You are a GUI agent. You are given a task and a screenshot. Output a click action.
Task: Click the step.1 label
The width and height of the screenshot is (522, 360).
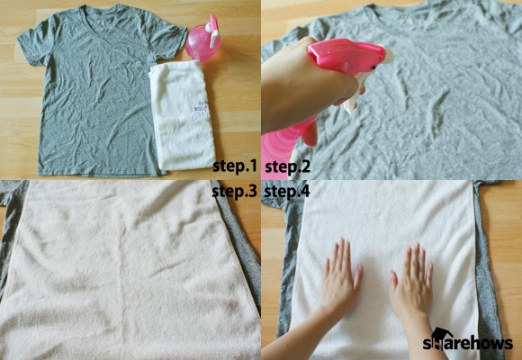tap(235, 166)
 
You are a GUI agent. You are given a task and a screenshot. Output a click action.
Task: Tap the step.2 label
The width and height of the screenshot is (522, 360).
tap(288, 166)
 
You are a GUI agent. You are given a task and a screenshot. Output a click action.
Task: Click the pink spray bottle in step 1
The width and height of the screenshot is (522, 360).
tap(203, 40)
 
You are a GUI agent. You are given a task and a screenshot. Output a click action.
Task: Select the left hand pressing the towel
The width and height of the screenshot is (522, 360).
tap(342, 276)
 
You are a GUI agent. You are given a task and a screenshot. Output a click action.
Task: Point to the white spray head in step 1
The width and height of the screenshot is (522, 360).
tap(212, 31)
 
